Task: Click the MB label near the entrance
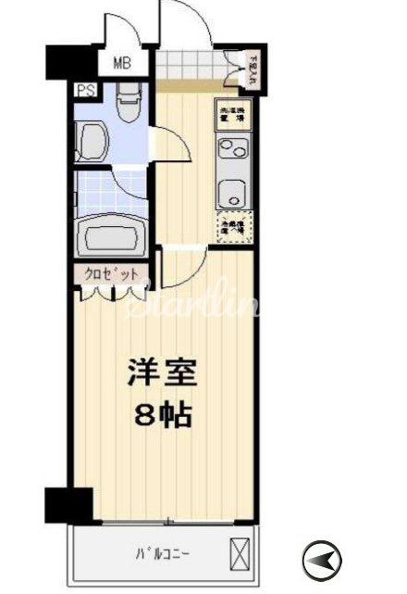(x=122, y=64)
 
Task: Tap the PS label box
(x=85, y=91)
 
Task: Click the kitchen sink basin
(x=229, y=193)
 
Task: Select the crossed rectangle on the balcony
(x=240, y=553)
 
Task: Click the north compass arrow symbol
(x=323, y=558)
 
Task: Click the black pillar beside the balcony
(x=68, y=505)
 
